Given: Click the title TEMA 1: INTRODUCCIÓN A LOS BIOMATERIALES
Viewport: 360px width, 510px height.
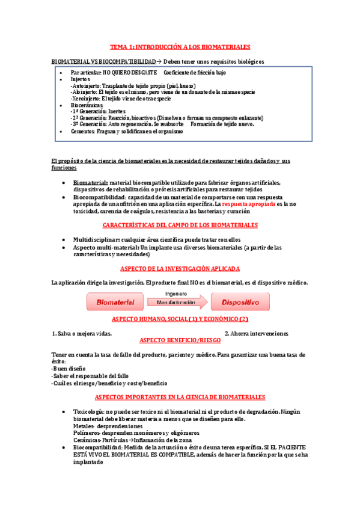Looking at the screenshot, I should click(x=180, y=46).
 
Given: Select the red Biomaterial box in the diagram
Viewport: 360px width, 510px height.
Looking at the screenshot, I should click(x=116, y=301).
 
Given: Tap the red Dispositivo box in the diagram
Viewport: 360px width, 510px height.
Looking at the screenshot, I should click(x=240, y=301).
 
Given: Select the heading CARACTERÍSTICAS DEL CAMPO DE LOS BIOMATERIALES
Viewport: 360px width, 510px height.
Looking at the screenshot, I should click(x=180, y=225).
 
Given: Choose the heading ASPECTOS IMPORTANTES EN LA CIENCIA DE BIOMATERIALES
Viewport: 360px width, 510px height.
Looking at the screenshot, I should click(x=180, y=398).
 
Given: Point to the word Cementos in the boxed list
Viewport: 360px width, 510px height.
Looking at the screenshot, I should click(x=82, y=131).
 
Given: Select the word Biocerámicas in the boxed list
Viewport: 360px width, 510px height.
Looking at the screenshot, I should click(x=87, y=105).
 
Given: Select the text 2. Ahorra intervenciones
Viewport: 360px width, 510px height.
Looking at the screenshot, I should click(x=256, y=333).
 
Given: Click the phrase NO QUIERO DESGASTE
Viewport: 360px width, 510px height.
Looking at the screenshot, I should click(x=126, y=72).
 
